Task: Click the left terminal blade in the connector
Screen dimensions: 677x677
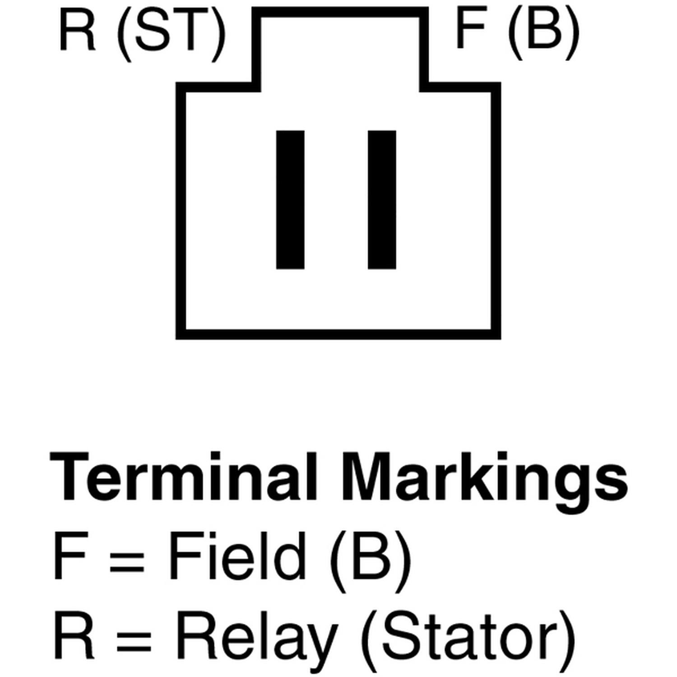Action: (290, 200)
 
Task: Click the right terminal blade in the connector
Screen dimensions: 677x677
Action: (382, 200)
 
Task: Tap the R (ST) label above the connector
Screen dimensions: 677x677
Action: (142, 35)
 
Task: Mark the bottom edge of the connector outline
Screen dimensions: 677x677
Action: (338, 334)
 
